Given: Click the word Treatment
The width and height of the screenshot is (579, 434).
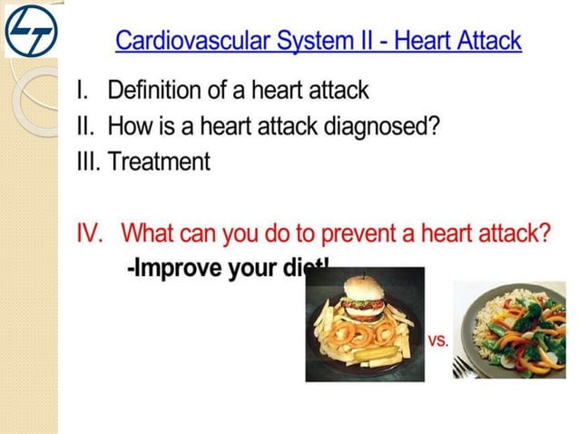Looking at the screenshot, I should (159, 163).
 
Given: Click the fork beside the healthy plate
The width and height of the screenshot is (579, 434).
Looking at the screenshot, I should (465, 364).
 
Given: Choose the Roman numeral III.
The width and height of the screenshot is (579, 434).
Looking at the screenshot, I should (88, 163).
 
